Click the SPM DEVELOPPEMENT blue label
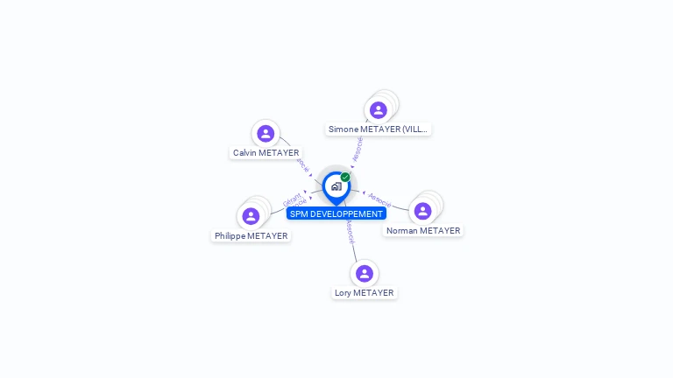tap(336, 213)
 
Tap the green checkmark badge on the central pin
tap(345, 178)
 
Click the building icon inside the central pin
tap(336, 186)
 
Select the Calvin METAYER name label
tap(266, 153)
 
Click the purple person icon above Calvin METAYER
tap(266, 134)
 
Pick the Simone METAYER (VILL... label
tap(378, 129)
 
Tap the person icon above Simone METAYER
tap(378, 110)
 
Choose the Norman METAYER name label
tap(423, 231)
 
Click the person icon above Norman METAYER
tap(422, 211)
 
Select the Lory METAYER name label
tap(365, 293)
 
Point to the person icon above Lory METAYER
tap(365, 274)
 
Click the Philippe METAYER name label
tap(251, 236)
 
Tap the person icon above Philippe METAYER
tap(251, 216)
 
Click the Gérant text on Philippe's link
tap(292, 197)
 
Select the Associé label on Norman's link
tap(379, 199)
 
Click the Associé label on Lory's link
tap(350, 232)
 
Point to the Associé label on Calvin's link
tap(303, 164)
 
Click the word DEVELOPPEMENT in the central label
tap(348, 213)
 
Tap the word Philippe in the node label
tap(230, 236)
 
